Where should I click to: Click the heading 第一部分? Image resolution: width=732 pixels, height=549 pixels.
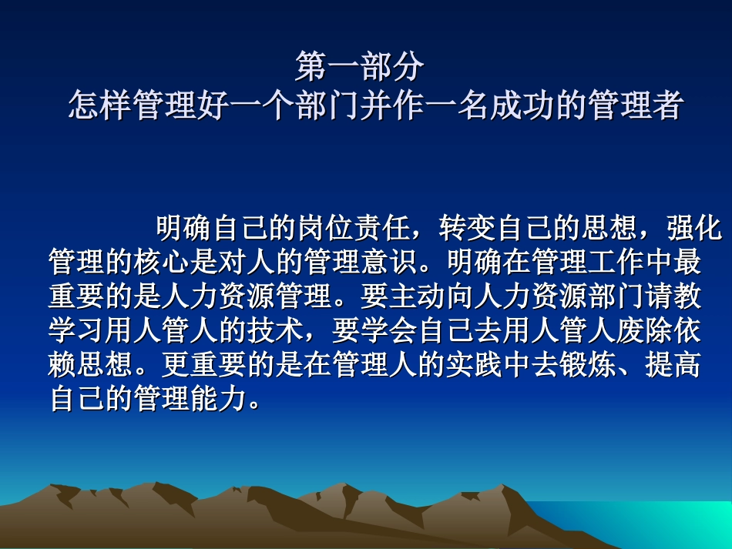point(360,67)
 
